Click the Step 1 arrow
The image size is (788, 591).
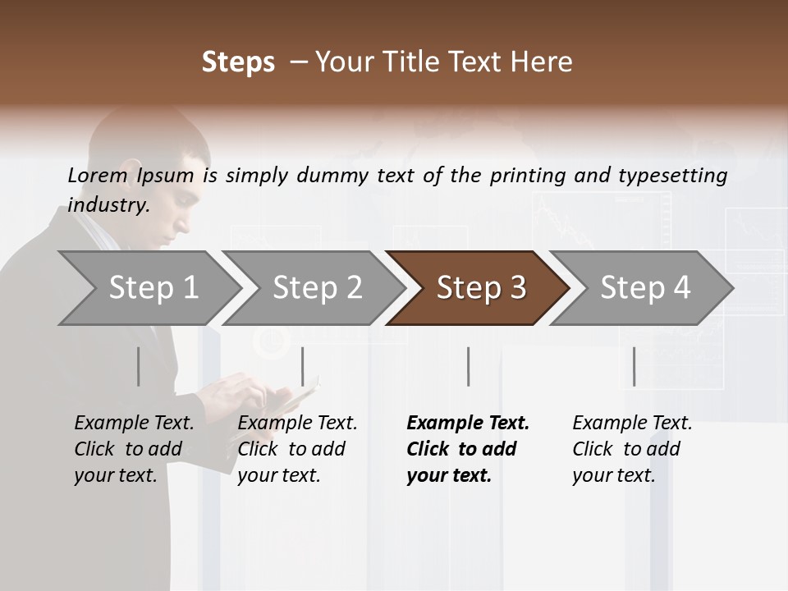click(148, 288)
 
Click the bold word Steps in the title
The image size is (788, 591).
click(238, 62)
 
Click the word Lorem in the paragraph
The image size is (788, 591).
click(98, 175)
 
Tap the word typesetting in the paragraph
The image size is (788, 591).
click(674, 175)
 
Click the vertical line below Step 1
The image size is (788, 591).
click(138, 366)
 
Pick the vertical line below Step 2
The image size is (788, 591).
click(303, 366)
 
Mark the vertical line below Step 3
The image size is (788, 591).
click(468, 366)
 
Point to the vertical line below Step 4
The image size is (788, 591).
click(634, 366)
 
